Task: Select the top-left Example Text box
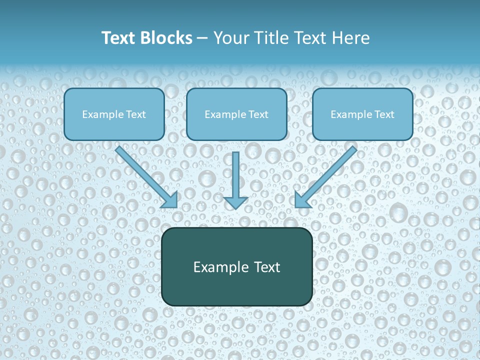tap(114, 114)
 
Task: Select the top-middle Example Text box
tap(236, 114)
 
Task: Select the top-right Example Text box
tap(362, 114)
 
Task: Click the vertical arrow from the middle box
tap(235, 172)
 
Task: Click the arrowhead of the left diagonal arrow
tap(170, 200)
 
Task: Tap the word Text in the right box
tap(384, 114)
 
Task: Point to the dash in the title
tap(202, 38)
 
